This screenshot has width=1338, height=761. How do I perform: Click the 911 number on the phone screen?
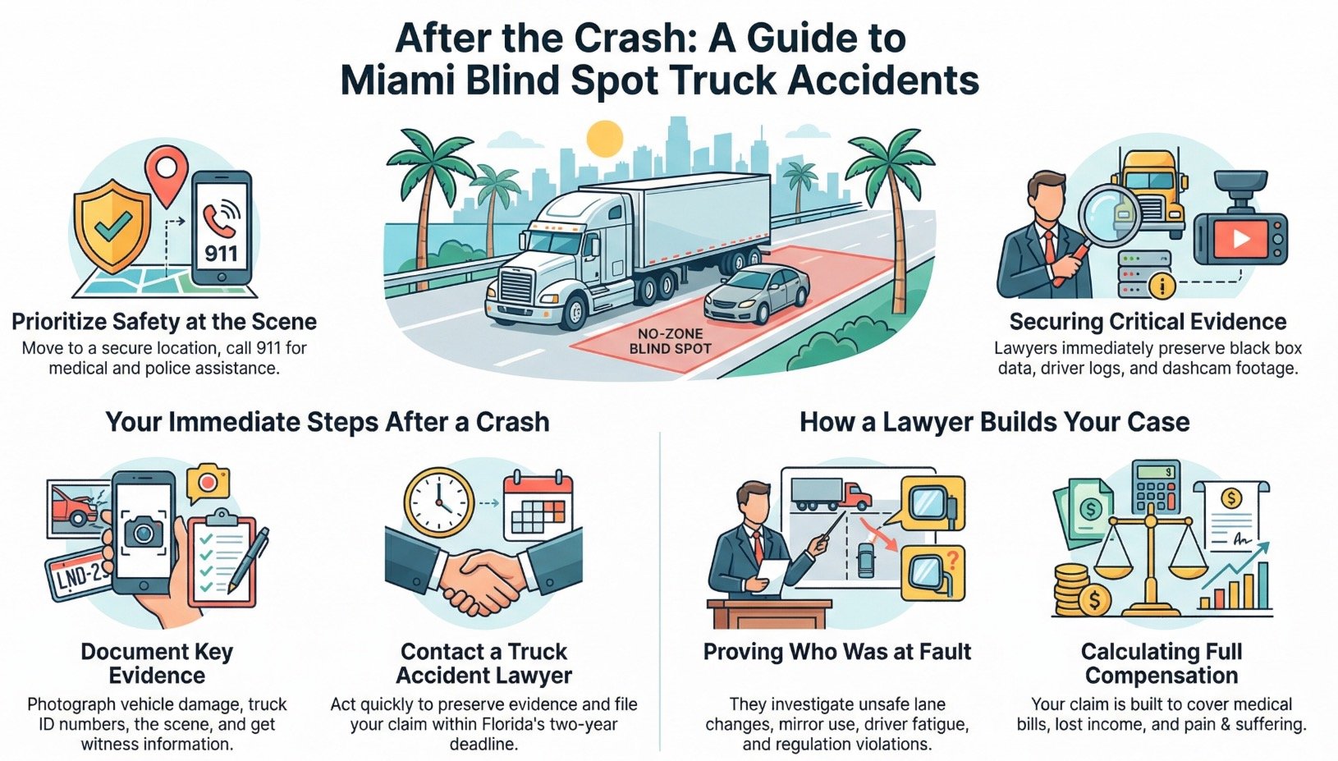221,253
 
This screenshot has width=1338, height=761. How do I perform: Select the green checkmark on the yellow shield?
112,222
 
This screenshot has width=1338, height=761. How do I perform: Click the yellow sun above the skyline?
605,139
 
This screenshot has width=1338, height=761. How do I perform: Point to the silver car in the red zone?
756,293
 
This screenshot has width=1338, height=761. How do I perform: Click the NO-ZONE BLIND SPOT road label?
670,341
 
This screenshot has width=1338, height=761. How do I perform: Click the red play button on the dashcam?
1240,238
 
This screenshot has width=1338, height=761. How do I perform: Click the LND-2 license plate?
78,575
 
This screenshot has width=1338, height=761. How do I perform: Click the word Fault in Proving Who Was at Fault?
944,652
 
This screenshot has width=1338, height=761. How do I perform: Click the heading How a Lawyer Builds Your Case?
994,422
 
